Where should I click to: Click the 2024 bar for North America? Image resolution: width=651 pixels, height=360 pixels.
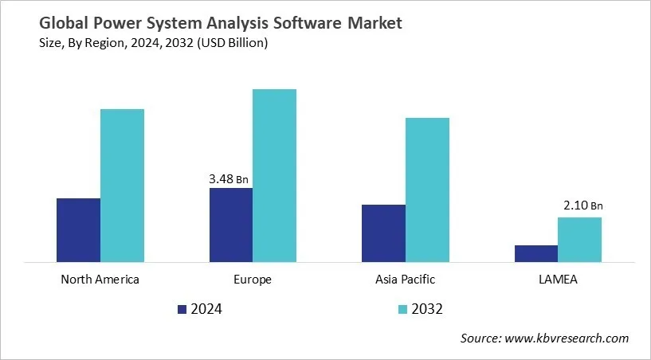[78, 229]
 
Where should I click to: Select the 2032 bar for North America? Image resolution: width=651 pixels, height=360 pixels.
[122, 185]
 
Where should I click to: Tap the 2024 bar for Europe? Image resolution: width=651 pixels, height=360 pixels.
[231, 225]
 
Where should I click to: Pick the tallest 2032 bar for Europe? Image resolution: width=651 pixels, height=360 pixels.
[274, 175]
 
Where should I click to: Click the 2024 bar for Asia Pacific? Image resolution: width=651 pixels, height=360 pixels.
[383, 233]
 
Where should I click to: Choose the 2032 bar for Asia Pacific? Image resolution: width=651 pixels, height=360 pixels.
[427, 190]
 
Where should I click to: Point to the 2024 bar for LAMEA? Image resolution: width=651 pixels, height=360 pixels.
[535, 253]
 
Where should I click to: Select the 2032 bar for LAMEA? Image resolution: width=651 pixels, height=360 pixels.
[579, 239]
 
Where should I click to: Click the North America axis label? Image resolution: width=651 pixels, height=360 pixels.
[100, 280]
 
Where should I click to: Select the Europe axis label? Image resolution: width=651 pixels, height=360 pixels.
[253, 280]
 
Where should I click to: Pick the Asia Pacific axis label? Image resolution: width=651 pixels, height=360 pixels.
[405, 280]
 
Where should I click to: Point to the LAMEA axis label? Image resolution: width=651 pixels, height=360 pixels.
[558, 280]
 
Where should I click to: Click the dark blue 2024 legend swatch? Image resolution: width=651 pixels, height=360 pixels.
[182, 309]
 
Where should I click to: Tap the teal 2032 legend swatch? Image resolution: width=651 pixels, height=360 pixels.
[402, 309]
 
